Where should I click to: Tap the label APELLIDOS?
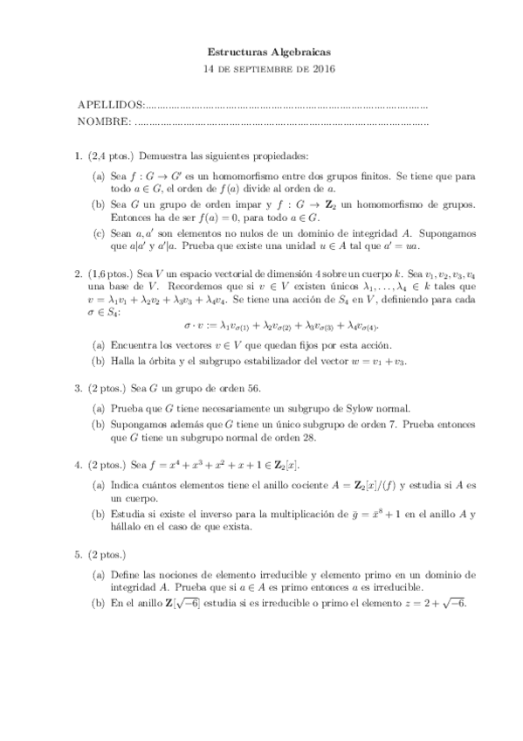click(109, 105)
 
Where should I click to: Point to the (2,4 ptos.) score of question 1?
click(111, 156)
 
